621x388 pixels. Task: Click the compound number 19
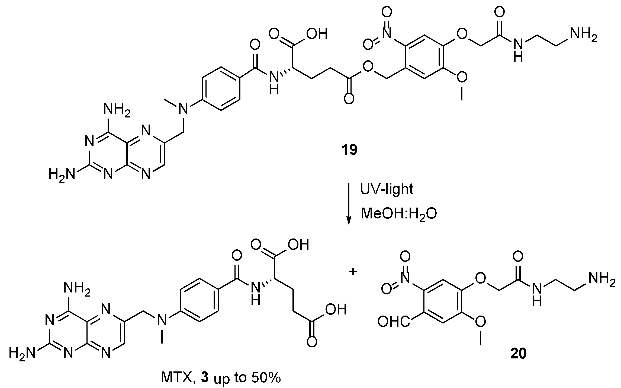click(x=349, y=150)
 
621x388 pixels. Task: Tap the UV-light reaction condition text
click(x=387, y=189)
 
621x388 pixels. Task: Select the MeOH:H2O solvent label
click(x=399, y=214)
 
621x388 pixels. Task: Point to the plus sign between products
click(x=353, y=272)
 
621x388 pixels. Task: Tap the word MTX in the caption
click(x=176, y=378)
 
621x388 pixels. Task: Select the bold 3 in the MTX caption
click(x=205, y=378)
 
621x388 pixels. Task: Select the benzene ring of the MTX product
click(x=200, y=300)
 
